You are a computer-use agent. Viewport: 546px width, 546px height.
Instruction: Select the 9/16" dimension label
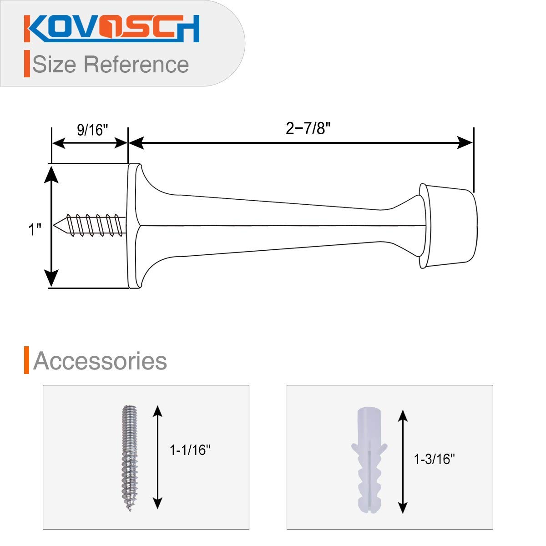point(92,130)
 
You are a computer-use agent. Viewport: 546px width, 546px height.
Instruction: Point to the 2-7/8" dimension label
point(308,129)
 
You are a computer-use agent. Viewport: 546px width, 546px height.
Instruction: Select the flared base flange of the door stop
point(134,226)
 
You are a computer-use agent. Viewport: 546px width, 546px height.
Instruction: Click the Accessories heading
point(100,361)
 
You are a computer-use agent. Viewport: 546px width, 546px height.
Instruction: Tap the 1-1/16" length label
point(190,450)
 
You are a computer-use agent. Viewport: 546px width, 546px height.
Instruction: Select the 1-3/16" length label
point(435,460)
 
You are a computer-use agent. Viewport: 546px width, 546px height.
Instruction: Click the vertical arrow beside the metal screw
point(157,457)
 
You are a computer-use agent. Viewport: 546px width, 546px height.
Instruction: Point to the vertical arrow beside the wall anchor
point(403,461)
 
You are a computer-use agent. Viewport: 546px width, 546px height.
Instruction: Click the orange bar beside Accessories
point(27,360)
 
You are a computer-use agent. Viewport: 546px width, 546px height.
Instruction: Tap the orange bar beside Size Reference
point(27,64)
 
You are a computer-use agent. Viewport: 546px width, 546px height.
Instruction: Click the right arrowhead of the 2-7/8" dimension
point(466,143)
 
